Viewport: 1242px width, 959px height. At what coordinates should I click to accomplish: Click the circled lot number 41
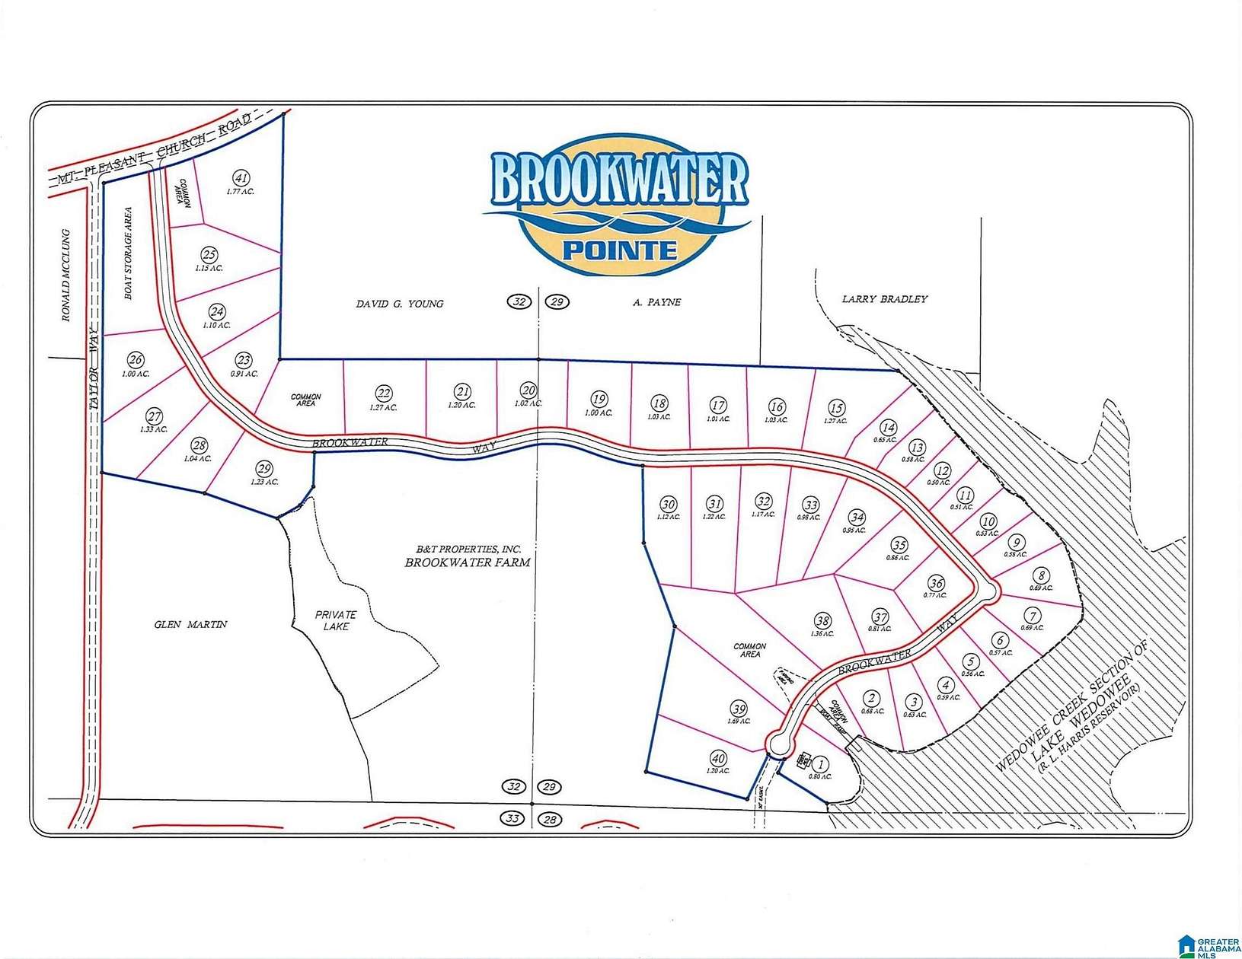(241, 179)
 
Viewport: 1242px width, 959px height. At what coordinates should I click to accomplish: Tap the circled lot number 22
(383, 393)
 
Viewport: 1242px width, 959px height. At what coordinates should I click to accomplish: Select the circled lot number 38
(822, 621)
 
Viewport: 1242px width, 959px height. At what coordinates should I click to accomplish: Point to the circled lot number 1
(821, 764)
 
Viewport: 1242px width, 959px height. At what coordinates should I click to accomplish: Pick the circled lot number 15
(836, 409)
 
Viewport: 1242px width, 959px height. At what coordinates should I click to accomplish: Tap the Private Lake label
(336, 620)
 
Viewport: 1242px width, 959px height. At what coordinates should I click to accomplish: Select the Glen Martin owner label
(190, 624)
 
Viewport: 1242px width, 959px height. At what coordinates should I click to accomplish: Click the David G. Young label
(400, 304)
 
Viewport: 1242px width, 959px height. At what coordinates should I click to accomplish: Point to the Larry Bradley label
(885, 299)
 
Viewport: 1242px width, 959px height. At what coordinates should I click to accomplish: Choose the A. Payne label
(656, 302)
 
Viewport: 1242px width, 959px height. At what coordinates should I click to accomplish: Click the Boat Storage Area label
(128, 253)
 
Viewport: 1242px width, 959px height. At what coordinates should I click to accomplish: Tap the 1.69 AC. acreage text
(739, 721)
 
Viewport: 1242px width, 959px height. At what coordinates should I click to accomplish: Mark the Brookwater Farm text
(468, 562)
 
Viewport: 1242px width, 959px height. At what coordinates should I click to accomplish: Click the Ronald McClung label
(66, 275)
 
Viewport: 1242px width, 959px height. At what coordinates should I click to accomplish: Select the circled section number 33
(511, 819)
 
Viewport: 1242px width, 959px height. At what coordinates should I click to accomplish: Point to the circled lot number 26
(136, 360)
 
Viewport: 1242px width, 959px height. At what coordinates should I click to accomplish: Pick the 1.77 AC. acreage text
(241, 192)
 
